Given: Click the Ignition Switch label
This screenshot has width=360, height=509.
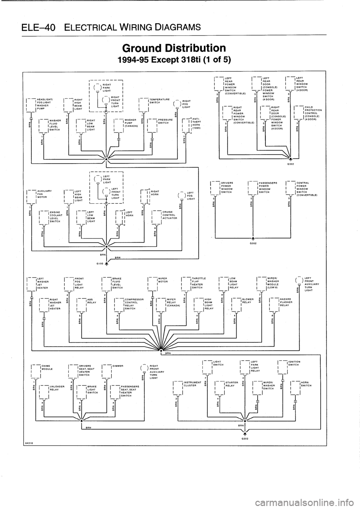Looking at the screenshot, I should [x=295, y=362].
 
